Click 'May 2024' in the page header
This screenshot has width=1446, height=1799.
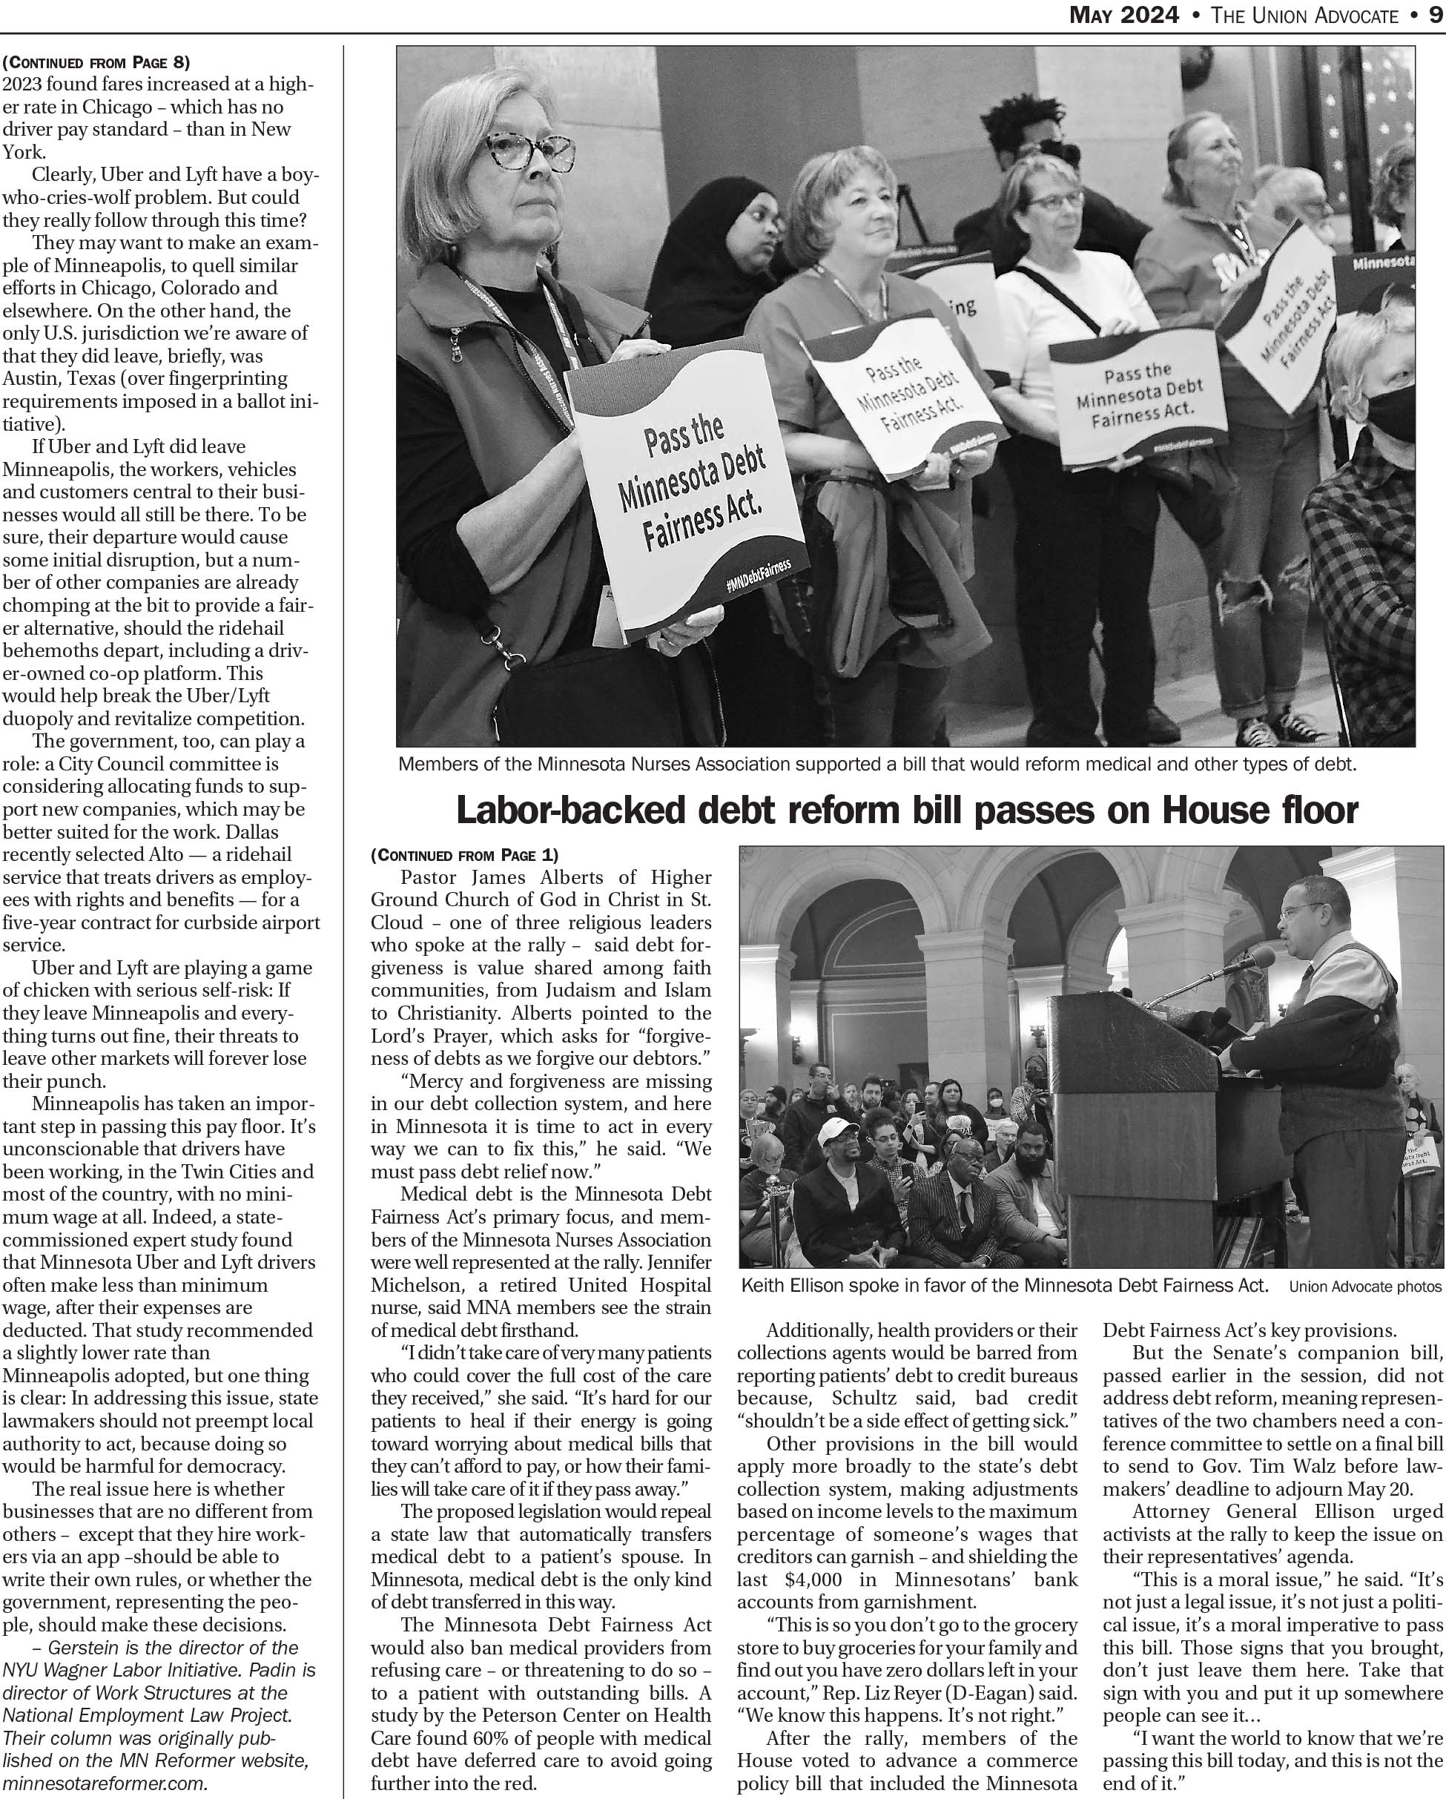click(1124, 14)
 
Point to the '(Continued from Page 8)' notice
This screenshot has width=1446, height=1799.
click(96, 62)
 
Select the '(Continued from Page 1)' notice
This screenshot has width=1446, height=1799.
click(464, 854)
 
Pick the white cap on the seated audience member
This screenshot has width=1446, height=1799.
click(839, 1132)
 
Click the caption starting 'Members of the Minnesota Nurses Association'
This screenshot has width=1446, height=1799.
click(877, 764)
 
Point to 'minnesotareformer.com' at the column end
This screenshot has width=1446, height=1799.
click(105, 1783)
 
